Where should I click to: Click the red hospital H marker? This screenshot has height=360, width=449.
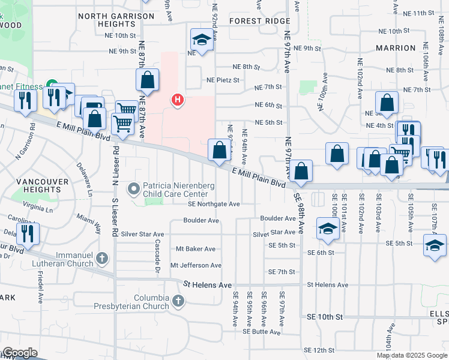coord(177,99)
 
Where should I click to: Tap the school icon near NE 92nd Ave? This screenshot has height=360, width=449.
coord(202,40)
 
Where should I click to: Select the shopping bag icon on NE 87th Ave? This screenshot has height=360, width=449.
coord(147,80)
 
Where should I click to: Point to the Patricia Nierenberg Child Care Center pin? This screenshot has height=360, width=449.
coord(133,190)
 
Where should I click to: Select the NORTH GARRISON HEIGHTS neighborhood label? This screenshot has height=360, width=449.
coord(115,19)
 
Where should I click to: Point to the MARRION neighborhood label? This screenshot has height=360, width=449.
coord(395,47)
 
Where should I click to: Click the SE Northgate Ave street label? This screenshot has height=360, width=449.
coord(213,204)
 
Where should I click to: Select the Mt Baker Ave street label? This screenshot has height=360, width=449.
coord(195,249)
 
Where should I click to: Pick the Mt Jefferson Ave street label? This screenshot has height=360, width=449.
coord(196,265)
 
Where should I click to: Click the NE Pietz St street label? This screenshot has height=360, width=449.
coord(228,79)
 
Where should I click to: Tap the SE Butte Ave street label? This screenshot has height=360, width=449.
coord(262,331)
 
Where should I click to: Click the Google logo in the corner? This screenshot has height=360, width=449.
coord(20,353)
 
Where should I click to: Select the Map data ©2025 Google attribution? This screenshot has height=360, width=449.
coord(411,355)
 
